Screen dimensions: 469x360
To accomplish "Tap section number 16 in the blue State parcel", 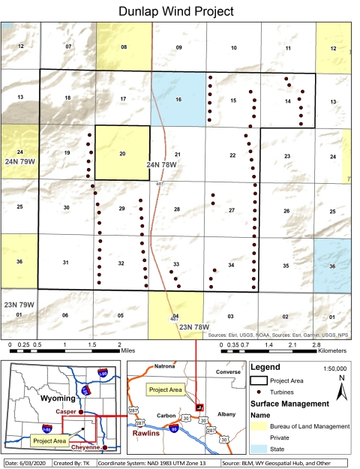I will coord(178,99).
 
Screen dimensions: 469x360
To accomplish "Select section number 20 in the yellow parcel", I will coord(122,153).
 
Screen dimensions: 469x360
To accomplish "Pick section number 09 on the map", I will coord(178,48).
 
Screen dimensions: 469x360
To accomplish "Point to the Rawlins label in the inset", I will coord(149,433).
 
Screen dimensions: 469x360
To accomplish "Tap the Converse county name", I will coord(223,369).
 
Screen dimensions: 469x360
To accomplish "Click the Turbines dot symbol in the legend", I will coord(257,392).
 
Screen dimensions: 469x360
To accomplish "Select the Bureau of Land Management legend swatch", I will coord(258,426).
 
